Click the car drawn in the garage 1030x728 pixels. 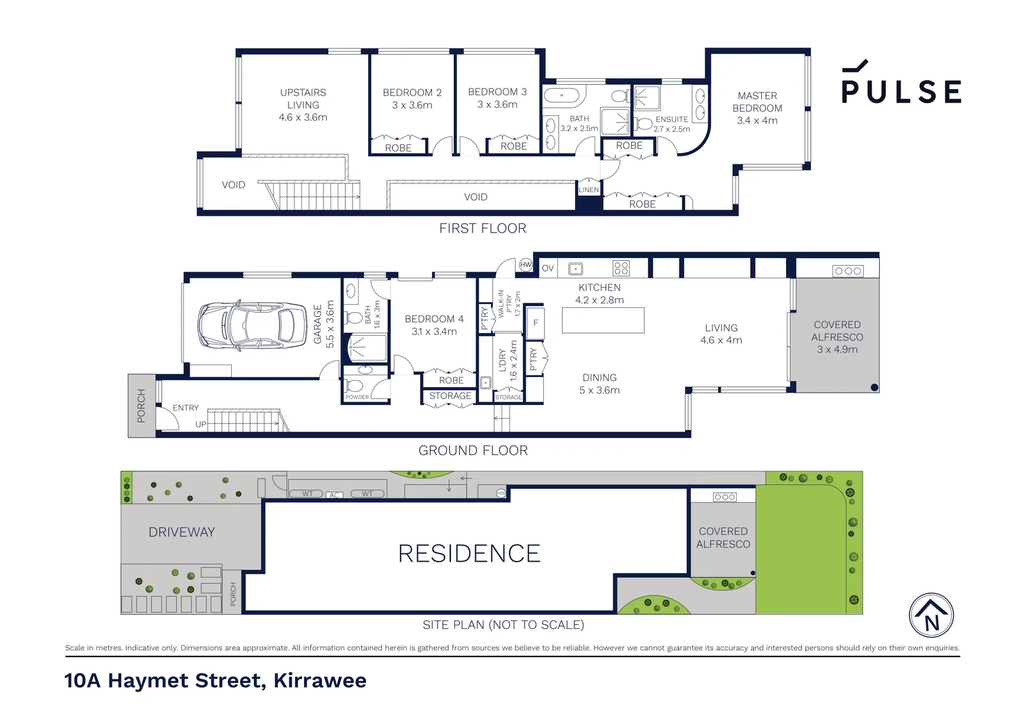click(252, 326)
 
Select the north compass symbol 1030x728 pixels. click(931, 615)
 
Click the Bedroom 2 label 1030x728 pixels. click(412, 92)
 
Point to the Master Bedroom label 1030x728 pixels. click(757, 102)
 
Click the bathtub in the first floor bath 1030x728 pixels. click(562, 96)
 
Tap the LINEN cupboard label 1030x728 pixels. click(588, 189)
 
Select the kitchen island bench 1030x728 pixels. click(603, 320)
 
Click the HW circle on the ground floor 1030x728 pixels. click(526, 264)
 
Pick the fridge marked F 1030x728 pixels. click(535, 323)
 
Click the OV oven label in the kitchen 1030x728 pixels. click(547, 268)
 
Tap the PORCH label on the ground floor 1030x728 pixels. click(141, 406)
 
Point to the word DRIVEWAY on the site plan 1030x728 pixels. click(181, 532)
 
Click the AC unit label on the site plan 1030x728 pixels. click(334, 495)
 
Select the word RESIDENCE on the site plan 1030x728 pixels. click(469, 553)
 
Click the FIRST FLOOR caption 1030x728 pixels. click(483, 228)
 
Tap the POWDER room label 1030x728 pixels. click(357, 397)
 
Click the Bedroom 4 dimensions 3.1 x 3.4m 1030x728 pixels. click(434, 332)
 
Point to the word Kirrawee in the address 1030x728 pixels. click(320, 681)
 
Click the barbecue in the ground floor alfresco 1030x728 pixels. click(848, 271)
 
